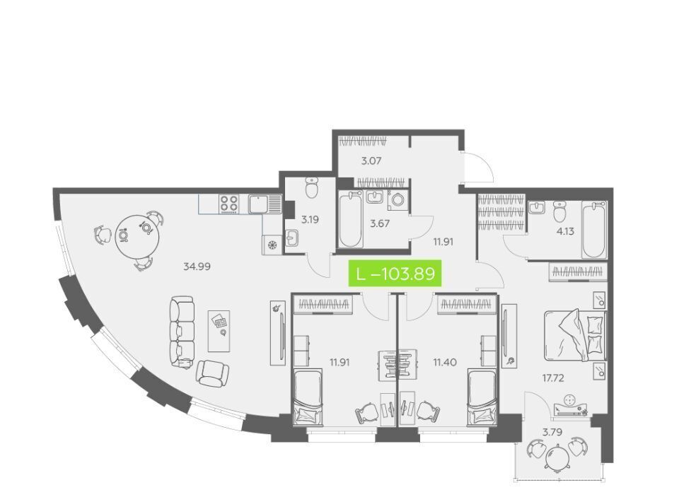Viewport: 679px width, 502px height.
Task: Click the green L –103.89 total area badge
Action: pyautogui.click(x=395, y=273)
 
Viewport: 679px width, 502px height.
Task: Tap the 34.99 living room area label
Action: pyautogui.click(x=197, y=267)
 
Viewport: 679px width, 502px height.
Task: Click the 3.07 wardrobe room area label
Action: pyautogui.click(x=371, y=161)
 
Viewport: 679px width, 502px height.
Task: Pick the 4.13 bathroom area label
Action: pyautogui.click(x=565, y=231)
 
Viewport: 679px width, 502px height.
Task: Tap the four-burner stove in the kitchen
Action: pyautogui.click(x=229, y=204)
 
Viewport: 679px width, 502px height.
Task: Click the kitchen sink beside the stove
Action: pyautogui.click(x=265, y=204)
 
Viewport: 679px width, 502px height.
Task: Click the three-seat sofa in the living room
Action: pyautogui.click(x=182, y=332)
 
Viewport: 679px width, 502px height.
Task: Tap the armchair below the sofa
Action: pyautogui.click(x=212, y=373)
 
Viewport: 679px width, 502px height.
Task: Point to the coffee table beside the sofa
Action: pyautogui.click(x=219, y=331)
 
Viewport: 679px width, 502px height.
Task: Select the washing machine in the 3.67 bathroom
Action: pyautogui.click(x=398, y=200)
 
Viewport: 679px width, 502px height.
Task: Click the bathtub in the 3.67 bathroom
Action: pyautogui.click(x=350, y=219)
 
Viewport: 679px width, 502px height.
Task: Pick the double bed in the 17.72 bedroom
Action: pyautogui.click(x=574, y=333)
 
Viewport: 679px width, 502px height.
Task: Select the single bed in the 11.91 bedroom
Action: pyautogui.click(x=308, y=397)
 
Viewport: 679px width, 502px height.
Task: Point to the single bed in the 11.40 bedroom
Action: pyautogui.click(x=482, y=397)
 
